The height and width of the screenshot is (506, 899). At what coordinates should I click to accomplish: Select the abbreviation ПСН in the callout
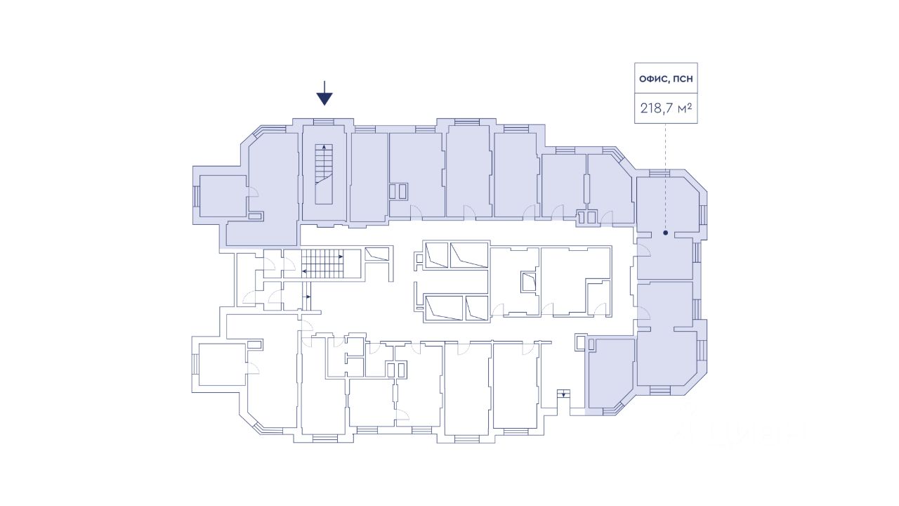point(683,79)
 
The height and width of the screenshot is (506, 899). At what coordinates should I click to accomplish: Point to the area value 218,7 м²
point(666,109)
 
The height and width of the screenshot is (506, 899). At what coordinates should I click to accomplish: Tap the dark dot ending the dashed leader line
point(665,232)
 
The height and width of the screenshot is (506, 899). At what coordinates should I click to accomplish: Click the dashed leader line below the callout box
point(665,176)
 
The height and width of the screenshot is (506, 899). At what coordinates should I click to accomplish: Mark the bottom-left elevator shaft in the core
point(444,308)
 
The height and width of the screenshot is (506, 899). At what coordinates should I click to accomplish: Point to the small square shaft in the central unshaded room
point(527,282)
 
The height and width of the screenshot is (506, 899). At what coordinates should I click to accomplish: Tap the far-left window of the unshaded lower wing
point(196,365)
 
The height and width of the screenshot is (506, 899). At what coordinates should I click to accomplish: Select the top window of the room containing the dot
point(659,173)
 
